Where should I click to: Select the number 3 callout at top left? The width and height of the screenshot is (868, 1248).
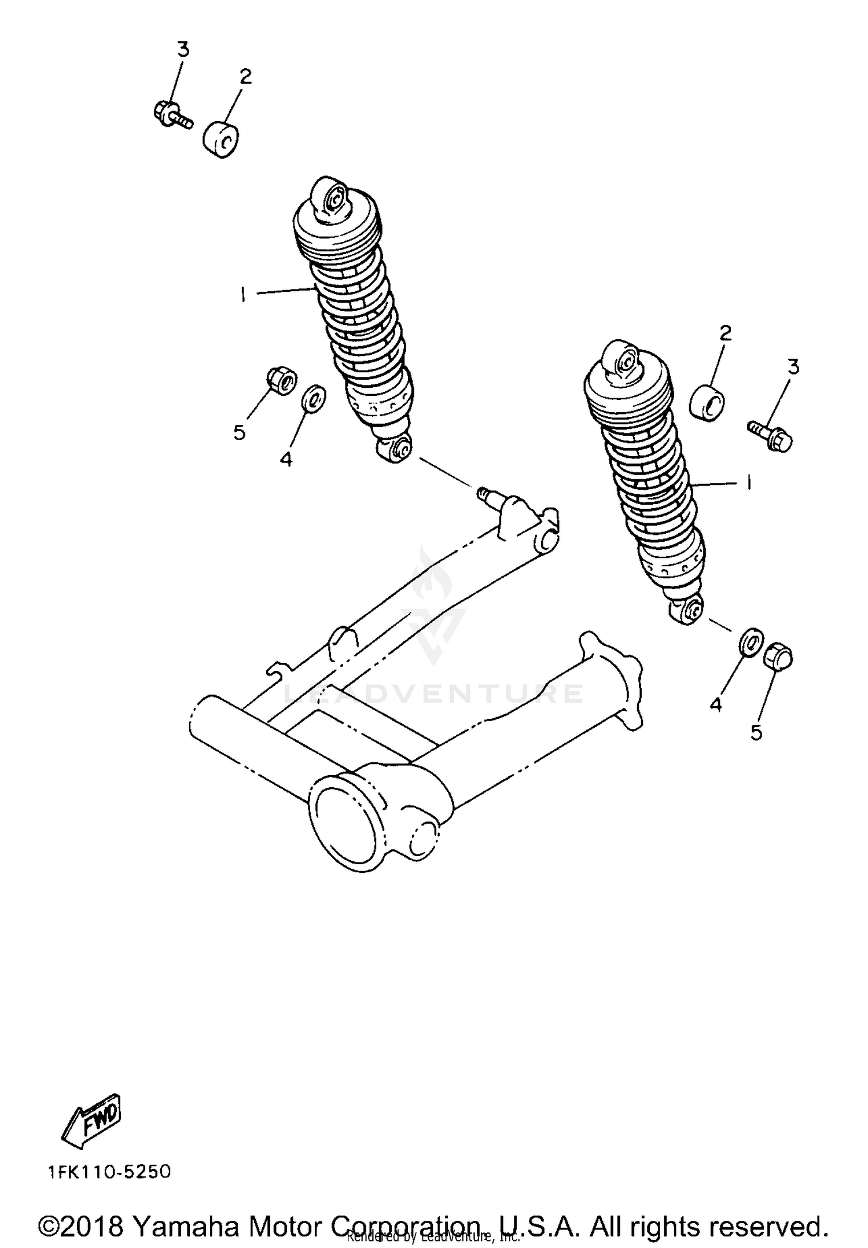click(183, 50)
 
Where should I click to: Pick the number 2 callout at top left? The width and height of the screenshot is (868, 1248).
click(246, 76)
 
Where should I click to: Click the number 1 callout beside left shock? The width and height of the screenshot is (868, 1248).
click(243, 295)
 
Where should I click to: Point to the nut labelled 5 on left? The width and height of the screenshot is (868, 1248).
click(281, 382)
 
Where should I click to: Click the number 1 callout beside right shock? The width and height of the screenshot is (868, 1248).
click(749, 482)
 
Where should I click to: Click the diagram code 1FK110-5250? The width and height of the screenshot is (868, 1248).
click(109, 1173)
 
